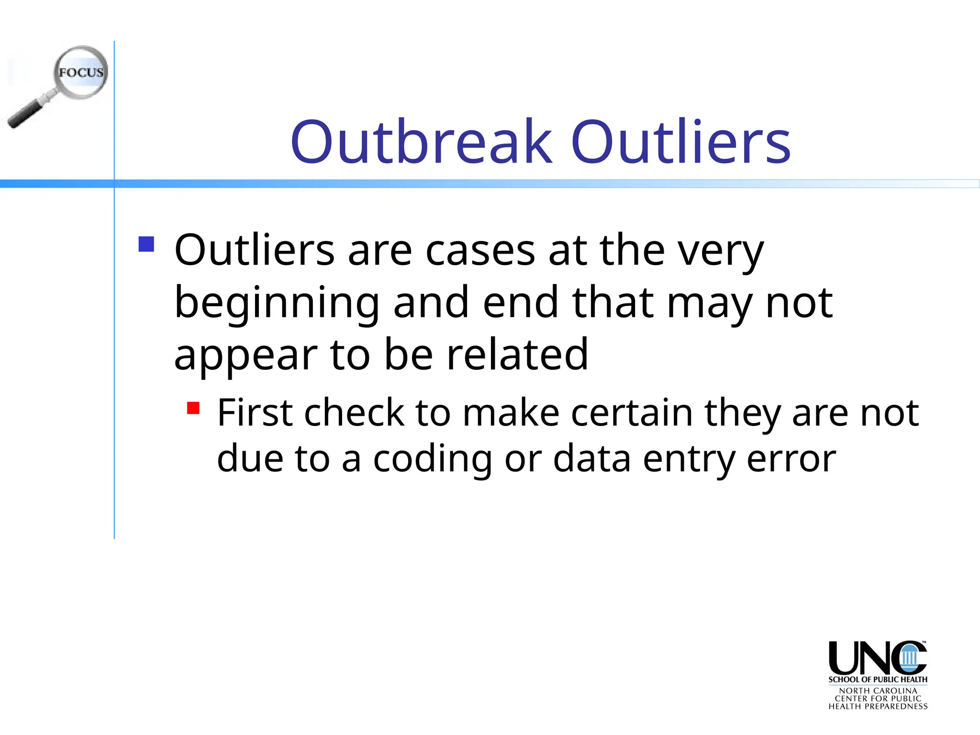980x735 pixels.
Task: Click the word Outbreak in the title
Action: click(421, 142)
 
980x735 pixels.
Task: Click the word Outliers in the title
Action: click(680, 142)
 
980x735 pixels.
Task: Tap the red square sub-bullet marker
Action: click(193, 408)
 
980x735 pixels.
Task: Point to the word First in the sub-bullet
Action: click(255, 412)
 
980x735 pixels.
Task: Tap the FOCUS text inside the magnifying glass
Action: click(81, 73)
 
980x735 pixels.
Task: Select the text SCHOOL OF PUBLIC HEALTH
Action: click(878, 679)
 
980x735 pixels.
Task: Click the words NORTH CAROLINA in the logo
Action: click(878, 691)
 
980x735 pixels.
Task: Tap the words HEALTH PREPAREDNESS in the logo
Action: click(878, 706)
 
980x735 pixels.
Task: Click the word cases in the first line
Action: click(480, 250)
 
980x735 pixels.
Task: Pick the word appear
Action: click(245, 356)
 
